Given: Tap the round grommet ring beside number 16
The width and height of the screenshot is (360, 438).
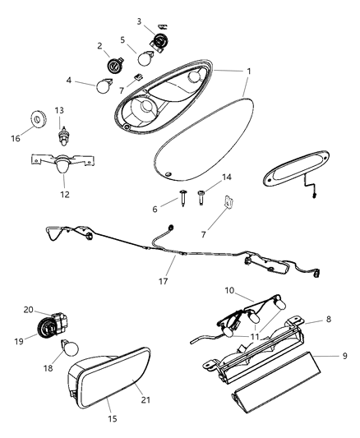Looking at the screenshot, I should (38, 118).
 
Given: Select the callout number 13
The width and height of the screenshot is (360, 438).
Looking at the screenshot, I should (59, 109).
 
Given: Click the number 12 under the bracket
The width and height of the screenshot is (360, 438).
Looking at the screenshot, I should (65, 195).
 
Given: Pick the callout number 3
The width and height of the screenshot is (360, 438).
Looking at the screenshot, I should (139, 21).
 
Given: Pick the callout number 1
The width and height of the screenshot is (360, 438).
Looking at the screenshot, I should (248, 72).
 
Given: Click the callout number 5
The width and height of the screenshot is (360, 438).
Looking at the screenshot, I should (122, 39).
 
